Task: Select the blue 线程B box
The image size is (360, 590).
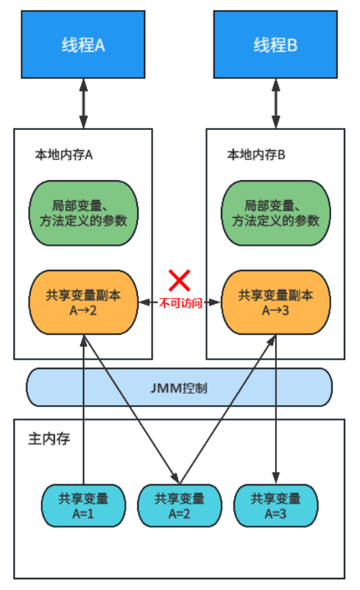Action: [x=275, y=45]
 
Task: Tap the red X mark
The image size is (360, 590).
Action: [x=179, y=280]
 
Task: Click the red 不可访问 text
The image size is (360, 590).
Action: [x=179, y=303]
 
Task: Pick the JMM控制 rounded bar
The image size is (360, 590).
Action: [x=179, y=387]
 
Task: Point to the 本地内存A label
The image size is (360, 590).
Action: [x=64, y=155]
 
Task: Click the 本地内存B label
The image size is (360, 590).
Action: [x=256, y=155]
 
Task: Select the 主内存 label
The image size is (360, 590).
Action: [x=49, y=439]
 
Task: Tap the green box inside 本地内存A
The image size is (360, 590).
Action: [x=84, y=212]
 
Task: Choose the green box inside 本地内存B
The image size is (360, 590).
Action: [x=275, y=212]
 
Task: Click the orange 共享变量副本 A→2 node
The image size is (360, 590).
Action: [x=84, y=303]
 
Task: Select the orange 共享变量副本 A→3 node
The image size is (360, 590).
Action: [x=275, y=303]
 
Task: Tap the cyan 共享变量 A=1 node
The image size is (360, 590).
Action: [x=84, y=506]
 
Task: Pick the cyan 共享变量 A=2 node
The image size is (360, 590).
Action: [x=179, y=506]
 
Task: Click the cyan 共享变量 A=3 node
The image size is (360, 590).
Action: [x=275, y=506]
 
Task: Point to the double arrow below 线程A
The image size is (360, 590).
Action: [x=84, y=103]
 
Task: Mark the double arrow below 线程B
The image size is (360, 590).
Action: [x=275, y=103]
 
